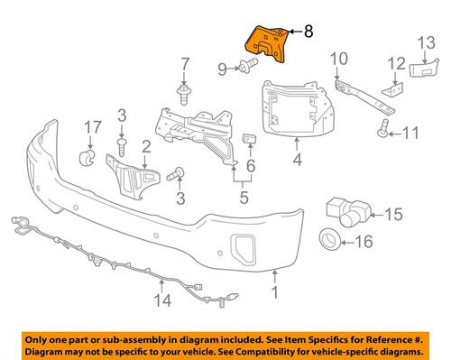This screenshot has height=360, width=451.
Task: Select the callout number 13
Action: coord(425,42)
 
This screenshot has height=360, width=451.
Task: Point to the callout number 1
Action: coord(276,291)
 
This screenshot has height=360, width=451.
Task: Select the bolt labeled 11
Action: coord(382,132)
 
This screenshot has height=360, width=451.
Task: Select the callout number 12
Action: coord(393,63)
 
